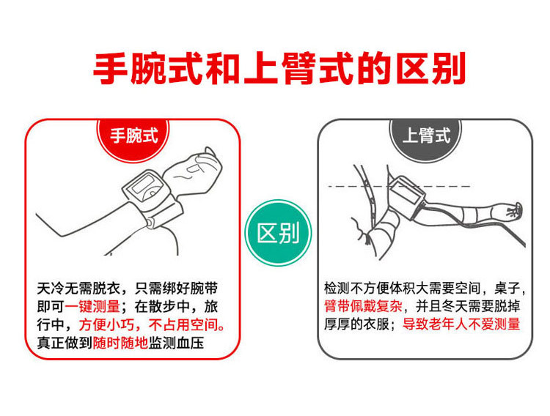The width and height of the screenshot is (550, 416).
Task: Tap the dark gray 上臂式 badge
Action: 426,135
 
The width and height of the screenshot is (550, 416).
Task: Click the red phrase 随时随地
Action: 117,343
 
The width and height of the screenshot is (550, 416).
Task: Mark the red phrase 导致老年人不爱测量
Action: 461,324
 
